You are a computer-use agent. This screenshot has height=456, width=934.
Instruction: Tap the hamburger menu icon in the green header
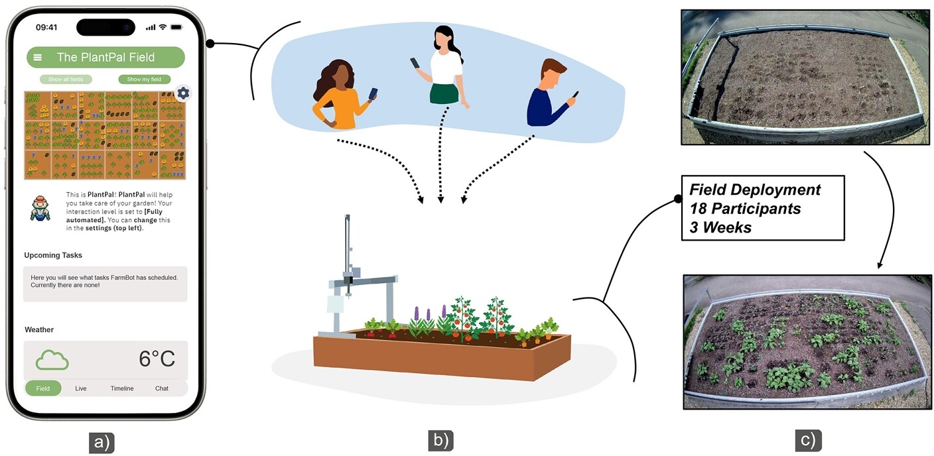38,58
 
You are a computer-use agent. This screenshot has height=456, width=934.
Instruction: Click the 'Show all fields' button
66,79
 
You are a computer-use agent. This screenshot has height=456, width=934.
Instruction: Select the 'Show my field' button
144,79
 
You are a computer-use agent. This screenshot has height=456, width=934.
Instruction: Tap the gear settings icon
183,93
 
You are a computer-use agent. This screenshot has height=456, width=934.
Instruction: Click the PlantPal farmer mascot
40,208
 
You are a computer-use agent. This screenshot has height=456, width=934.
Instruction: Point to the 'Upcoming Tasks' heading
53,255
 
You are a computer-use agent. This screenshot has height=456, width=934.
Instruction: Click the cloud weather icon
52,360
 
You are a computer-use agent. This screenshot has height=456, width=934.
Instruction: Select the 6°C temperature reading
157,359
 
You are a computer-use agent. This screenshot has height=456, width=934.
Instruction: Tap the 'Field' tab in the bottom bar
43,388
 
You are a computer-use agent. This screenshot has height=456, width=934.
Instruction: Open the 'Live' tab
81,388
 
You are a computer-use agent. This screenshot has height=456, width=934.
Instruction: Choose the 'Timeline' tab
122,388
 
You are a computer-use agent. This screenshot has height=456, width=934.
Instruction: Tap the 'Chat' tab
162,388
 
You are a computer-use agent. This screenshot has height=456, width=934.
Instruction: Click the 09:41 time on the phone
46,27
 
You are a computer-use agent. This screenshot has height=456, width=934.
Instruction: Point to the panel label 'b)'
440,441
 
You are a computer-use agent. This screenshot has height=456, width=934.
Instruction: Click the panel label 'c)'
808,441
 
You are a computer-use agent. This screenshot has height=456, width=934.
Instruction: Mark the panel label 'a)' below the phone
101,442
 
